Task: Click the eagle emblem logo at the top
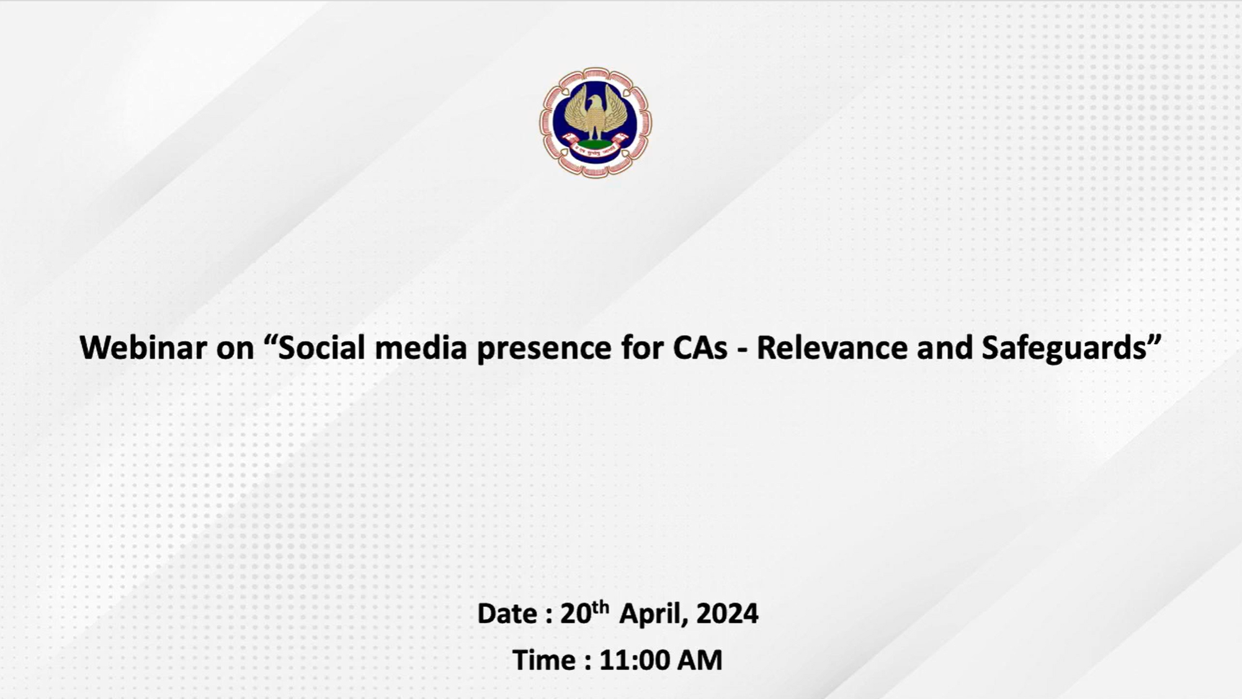(x=595, y=123)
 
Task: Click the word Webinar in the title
(x=143, y=347)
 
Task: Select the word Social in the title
(x=321, y=347)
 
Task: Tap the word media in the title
(x=421, y=347)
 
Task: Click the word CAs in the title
(x=700, y=348)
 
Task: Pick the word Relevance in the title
(x=832, y=347)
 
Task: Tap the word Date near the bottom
(x=507, y=613)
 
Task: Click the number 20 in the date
(x=576, y=613)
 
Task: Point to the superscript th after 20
(x=601, y=606)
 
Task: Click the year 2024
(x=727, y=613)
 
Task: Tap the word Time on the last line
(x=543, y=660)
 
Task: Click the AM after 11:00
(x=699, y=660)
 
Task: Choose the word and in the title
(x=945, y=347)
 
